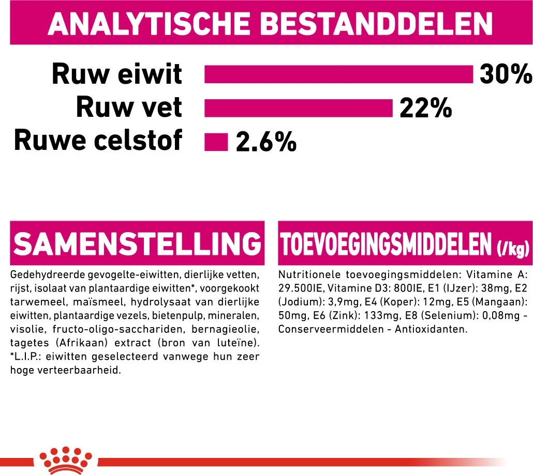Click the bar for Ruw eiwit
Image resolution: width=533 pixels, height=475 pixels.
(339, 74)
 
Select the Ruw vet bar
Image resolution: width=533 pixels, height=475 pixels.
(299, 108)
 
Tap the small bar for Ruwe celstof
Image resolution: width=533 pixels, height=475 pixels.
(216, 142)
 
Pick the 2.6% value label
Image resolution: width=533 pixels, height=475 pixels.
(266, 142)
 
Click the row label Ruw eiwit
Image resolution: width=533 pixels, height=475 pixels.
(116, 74)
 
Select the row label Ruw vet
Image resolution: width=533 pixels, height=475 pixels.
(129, 108)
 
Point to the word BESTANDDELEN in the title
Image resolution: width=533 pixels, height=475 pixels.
(377, 24)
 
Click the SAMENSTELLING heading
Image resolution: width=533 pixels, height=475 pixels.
(137, 243)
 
